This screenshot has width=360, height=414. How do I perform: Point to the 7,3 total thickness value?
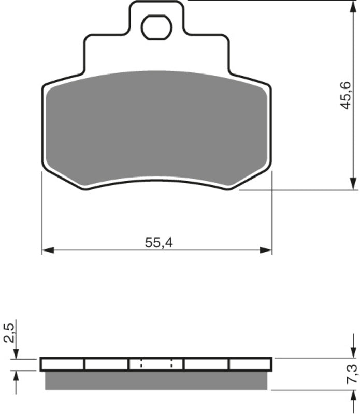tap(352, 374)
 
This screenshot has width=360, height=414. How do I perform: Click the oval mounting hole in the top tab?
tap(156, 27)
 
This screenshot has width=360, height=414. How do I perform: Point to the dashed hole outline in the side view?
tap(156, 364)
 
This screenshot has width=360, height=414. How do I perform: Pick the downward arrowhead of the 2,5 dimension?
tap(16, 353)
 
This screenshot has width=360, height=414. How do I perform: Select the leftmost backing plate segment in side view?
tap(62, 364)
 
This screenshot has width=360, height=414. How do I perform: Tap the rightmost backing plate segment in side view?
tap(250, 364)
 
